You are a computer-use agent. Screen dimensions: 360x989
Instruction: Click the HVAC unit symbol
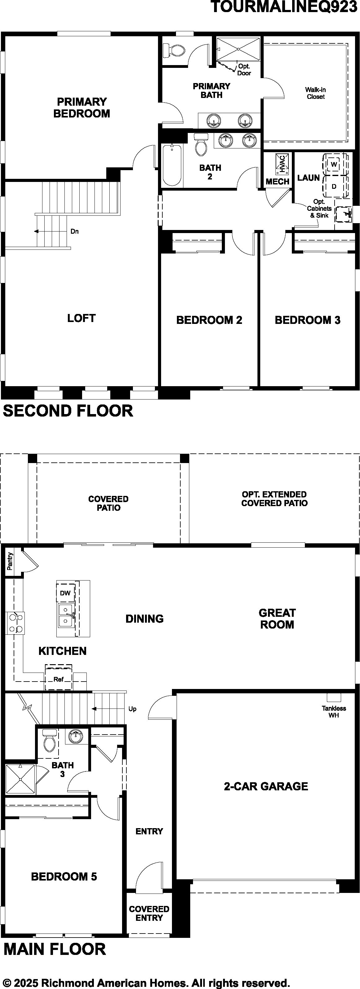(281, 163)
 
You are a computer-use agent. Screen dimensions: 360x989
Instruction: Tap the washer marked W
(334, 164)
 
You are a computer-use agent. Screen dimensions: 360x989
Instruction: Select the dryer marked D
(334, 187)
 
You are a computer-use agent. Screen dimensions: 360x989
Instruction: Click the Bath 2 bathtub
(172, 165)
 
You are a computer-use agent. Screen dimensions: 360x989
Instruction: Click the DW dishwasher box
(66, 593)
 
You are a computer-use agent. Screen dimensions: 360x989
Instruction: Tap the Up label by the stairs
(132, 709)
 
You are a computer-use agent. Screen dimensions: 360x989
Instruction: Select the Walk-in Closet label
(315, 93)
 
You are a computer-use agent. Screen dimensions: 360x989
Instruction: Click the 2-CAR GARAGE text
(266, 787)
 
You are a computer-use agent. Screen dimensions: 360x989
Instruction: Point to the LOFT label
(81, 318)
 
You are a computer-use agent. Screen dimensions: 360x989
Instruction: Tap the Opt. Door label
(244, 69)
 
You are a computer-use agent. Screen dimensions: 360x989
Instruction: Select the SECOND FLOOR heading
(68, 411)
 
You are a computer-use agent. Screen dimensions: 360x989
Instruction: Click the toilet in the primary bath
(175, 50)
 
